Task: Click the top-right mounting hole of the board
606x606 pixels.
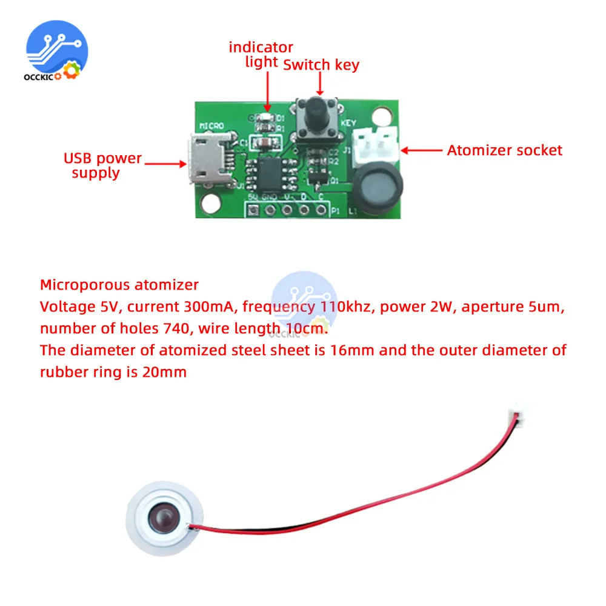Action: [x=381, y=114]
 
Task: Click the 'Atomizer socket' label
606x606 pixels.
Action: [x=505, y=150]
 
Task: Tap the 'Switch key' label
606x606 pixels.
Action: [x=321, y=65]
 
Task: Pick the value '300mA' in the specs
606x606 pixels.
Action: [x=208, y=307]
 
